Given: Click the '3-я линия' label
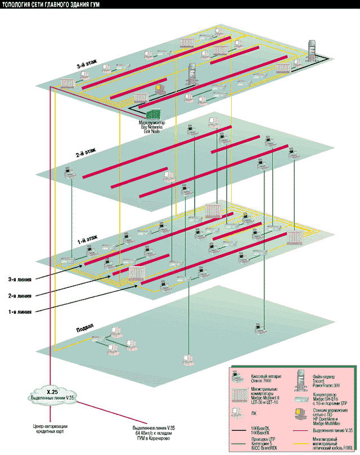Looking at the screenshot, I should point(20,278).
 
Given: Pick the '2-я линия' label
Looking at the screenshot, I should point(20,295).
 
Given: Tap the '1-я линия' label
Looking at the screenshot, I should point(20,312).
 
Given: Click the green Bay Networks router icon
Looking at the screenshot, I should point(154,114).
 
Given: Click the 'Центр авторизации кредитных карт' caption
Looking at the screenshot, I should point(51,434).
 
